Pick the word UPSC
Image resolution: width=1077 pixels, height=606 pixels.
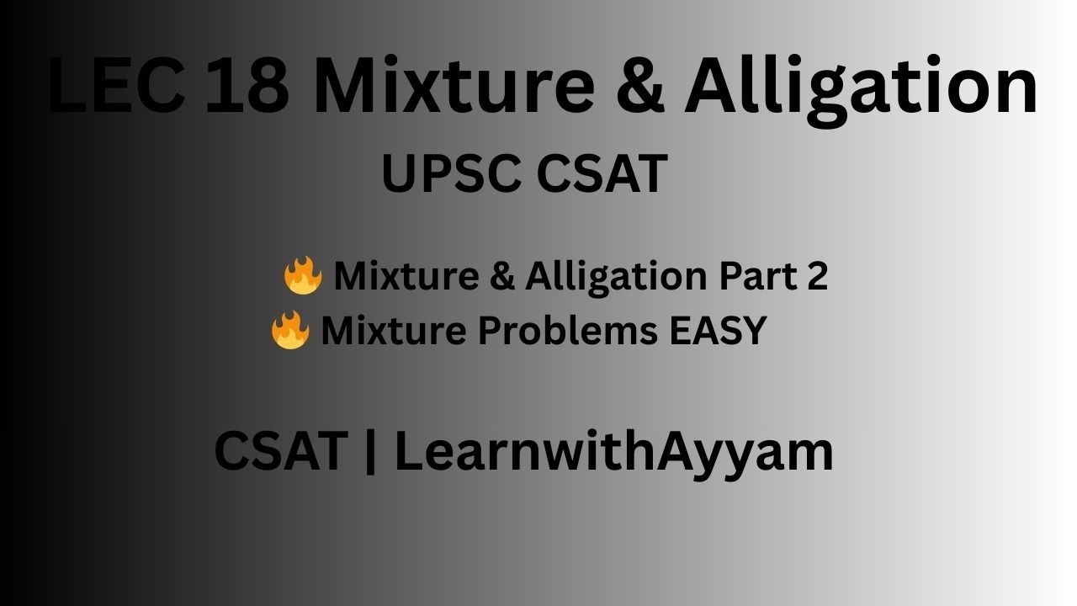451,174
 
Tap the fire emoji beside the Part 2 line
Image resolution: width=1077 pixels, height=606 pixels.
302,275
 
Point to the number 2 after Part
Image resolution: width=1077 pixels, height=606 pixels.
817,276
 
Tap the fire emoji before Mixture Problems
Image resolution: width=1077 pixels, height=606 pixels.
290,330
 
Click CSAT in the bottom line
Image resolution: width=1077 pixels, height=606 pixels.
280,451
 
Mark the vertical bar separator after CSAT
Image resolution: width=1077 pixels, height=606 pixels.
371,453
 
